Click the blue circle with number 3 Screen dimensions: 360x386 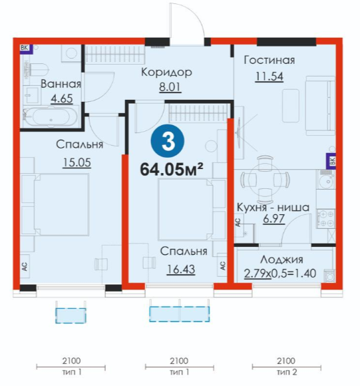(x=168, y=141)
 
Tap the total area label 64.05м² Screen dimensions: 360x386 (x=172, y=170)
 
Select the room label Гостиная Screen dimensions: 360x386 (x=270, y=60)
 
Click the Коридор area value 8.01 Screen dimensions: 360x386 (x=170, y=87)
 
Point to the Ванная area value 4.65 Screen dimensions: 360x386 (x=62, y=98)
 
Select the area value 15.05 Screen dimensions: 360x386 (x=77, y=162)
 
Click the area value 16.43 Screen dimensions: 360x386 (x=181, y=270)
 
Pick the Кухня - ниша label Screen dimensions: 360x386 (x=273, y=207)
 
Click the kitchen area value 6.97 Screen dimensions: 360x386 (x=273, y=218)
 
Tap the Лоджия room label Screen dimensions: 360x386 (x=281, y=260)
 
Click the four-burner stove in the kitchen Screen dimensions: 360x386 (x=326, y=219)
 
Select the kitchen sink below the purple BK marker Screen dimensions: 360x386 (x=326, y=179)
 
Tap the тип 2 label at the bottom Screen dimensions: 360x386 (x=287, y=372)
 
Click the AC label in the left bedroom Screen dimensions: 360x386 (x=25, y=266)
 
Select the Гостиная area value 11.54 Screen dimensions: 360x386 (x=270, y=77)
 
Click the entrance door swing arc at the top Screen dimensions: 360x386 (x=194, y=14)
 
